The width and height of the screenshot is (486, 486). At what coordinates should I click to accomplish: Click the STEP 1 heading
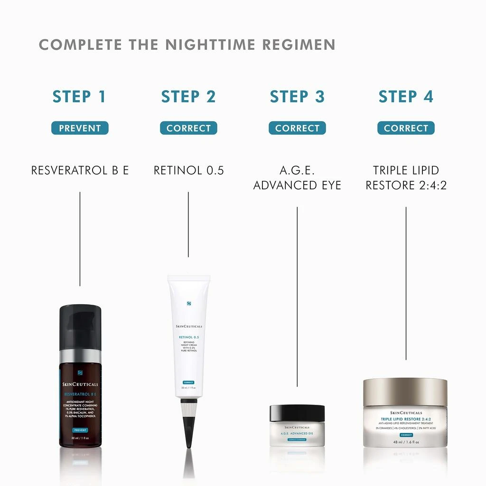[79, 96]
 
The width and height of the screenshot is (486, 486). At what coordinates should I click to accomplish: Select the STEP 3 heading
[297, 96]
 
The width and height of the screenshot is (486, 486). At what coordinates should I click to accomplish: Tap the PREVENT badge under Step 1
[80, 128]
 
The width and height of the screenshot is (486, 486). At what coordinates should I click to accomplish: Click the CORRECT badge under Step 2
[188, 128]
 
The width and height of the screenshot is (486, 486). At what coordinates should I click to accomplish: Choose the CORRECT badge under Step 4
[406, 128]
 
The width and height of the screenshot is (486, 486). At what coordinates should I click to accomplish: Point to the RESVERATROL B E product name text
[80, 170]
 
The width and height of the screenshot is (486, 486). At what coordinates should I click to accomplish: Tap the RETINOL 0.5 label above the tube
[188, 170]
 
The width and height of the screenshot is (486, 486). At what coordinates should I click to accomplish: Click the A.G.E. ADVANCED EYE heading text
[297, 178]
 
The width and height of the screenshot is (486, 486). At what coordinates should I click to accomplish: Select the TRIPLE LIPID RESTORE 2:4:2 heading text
[406, 178]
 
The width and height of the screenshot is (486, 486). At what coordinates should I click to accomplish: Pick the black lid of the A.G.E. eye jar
[297, 413]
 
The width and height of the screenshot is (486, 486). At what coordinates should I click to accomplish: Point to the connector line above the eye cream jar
[297, 294]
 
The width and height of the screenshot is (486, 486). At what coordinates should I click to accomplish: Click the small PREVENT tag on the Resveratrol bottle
[80, 430]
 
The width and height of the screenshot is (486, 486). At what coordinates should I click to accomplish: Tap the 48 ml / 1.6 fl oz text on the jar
[405, 442]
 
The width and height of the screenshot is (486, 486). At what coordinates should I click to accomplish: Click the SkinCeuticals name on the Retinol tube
[188, 327]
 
